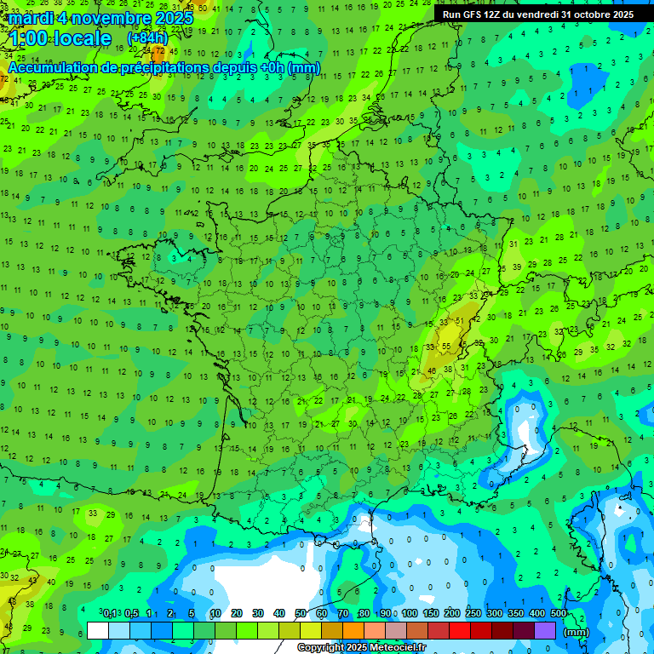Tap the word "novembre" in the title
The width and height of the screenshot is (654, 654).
pyautogui.click(x=106, y=18)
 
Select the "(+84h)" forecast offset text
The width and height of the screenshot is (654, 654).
pyautogui.click(x=147, y=38)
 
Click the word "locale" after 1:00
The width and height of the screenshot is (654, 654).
pyautogui.click(x=82, y=39)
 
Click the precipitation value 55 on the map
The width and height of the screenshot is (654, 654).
pyautogui.click(x=446, y=346)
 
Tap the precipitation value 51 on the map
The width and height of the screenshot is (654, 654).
pyautogui.click(x=460, y=320)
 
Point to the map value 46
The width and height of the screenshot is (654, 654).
pyautogui.click(x=432, y=370)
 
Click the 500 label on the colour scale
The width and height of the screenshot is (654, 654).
pyautogui.click(x=559, y=613)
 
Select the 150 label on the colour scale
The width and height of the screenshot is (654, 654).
pyautogui.click(x=431, y=613)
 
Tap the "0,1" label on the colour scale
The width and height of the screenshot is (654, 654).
pyautogui.click(x=110, y=613)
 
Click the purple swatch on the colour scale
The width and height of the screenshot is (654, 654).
pyautogui.click(x=545, y=630)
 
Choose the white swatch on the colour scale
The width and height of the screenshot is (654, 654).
pyautogui.click(x=98, y=630)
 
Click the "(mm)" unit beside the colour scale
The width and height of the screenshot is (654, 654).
pyautogui.click(x=577, y=632)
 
